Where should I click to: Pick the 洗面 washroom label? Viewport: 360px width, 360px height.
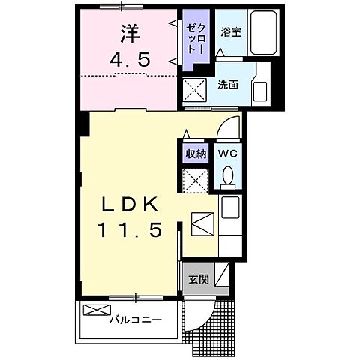[x=228, y=85]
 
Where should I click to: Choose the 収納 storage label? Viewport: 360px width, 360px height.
[x=196, y=153]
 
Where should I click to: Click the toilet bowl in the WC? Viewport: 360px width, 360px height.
[x=229, y=176]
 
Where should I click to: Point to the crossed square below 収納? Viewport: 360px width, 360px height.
[x=196, y=180]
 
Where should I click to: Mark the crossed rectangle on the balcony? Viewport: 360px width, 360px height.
[x=95, y=310]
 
